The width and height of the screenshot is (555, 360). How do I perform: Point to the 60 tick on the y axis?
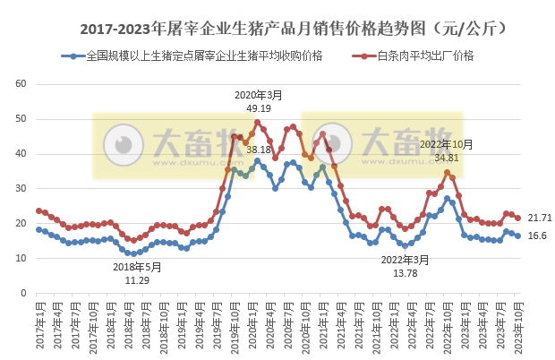click(x=20, y=84)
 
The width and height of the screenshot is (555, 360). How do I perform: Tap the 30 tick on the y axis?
click(x=20, y=189)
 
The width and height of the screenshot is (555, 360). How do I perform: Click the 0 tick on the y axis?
click(x=22, y=294)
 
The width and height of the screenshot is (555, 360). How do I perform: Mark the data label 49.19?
click(x=258, y=107)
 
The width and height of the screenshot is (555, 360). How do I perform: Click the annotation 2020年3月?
click(x=258, y=95)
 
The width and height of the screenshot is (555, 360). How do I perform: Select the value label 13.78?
click(x=399, y=272)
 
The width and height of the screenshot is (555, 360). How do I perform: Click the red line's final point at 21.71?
click(x=517, y=218)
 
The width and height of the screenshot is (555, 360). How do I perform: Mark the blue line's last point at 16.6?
click(x=517, y=236)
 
